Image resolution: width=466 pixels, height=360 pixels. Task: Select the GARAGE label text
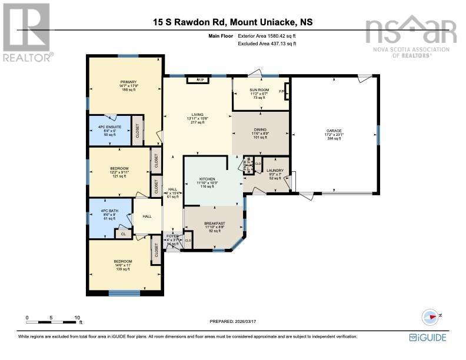[334, 131]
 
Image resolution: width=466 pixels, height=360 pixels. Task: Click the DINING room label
[259, 132]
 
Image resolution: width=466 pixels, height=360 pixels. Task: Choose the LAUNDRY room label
[275, 171]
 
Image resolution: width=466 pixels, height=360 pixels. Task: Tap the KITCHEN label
[207, 179]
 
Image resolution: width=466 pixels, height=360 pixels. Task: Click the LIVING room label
[197, 115]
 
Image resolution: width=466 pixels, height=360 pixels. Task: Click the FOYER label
[172, 236]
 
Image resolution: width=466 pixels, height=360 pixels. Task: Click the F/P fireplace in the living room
[199, 79]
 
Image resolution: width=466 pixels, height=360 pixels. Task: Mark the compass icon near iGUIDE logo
[431, 316]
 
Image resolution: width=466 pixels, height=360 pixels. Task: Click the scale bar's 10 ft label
[77, 318]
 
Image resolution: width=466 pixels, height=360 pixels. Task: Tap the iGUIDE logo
[427, 337]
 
